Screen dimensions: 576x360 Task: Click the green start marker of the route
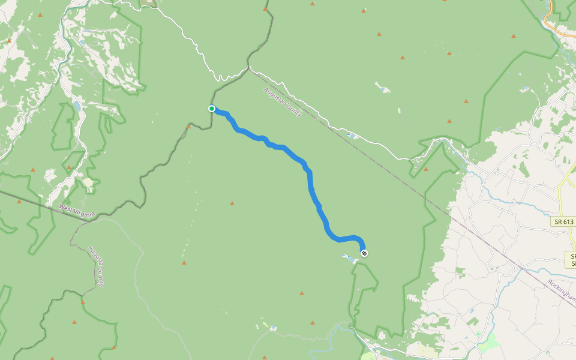(212, 109)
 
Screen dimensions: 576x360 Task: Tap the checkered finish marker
(364, 253)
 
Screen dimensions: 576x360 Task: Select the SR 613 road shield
(563, 221)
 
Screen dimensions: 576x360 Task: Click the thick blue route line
(310, 180)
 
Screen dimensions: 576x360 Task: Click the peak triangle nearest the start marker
(188, 127)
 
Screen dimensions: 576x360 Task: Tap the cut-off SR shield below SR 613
(571, 260)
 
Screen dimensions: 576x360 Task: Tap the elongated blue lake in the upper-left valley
(77, 106)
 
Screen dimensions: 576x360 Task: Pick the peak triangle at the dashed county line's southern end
(83, 302)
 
